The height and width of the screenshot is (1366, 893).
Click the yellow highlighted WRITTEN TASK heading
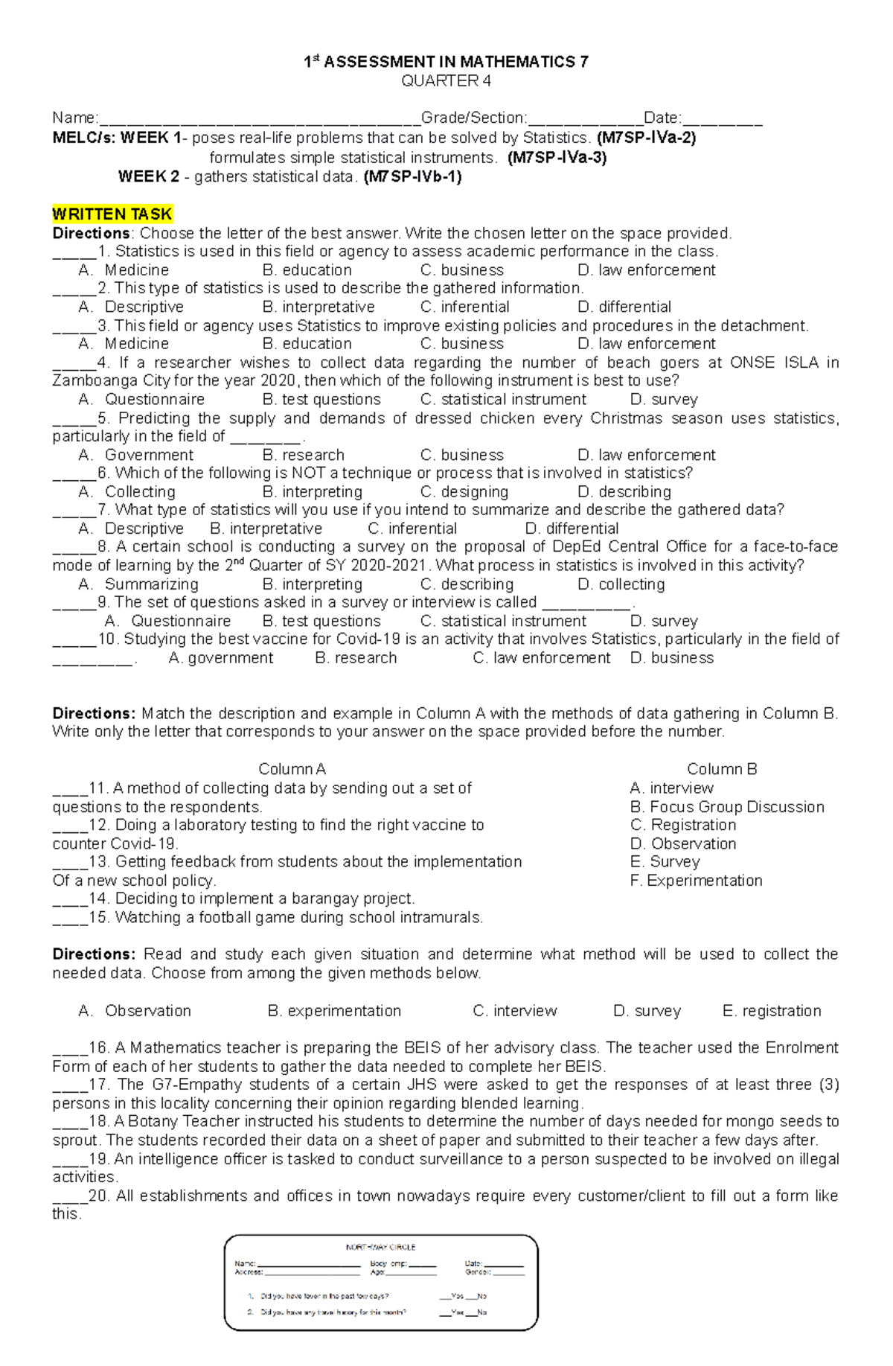click(x=112, y=214)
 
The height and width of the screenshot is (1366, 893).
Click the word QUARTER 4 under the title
click(x=446, y=81)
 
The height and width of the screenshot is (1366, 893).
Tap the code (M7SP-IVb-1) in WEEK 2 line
click(x=412, y=177)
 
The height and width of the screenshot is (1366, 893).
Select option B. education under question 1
click(x=307, y=270)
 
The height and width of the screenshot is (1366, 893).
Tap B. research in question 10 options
click(x=356, y=658)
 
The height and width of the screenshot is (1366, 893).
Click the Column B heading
click(x=721, y=769)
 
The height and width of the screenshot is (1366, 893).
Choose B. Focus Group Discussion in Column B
click(x=726, y=807)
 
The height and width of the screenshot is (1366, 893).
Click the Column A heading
click(x=292, y=769)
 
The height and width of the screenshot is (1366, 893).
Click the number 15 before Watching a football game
click(x=97, y=918)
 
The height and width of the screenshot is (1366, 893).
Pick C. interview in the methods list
click(x=514, y=1011)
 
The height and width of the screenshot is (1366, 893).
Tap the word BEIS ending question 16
click(x=587, y=1066)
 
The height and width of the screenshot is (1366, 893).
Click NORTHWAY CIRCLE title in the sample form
click(x=380, y=1247)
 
